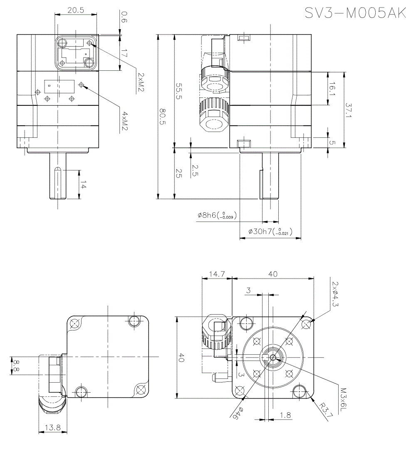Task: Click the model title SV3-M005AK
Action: [x=355, y=13]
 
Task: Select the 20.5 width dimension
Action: [x=76, y=11]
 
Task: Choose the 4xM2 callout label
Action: [x=124, y=121]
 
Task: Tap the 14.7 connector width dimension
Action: [x=216, y=274]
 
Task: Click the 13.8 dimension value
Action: [x=52, y=427]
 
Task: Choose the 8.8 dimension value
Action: [x=15, y=366]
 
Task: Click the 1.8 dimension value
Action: [x=285, y=415]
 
